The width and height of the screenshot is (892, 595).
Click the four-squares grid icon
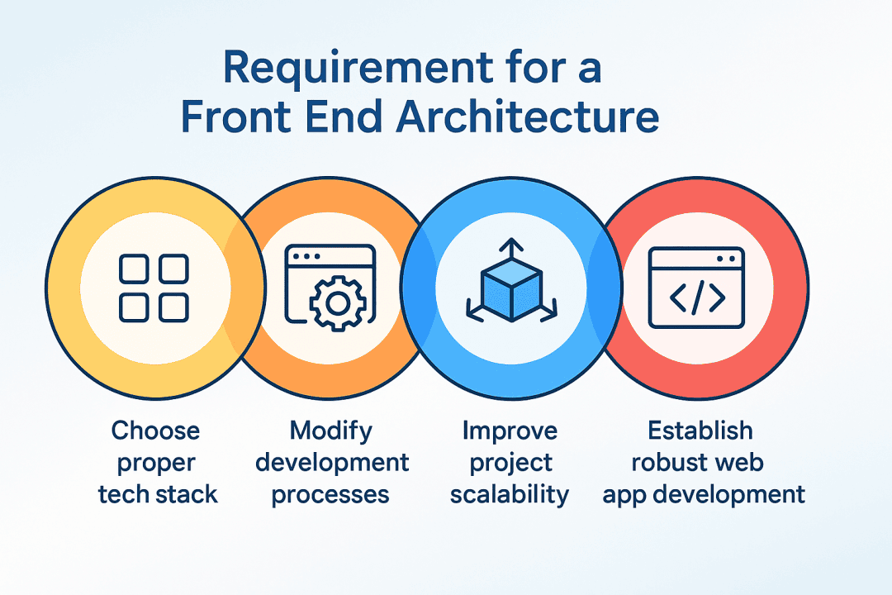pyautogui.click(x=154, y=288)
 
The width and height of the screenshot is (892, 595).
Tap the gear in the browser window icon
pyautogui.click(x=336, y=303)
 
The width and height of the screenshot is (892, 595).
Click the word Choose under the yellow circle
pyautogui.click(x=156, y=431)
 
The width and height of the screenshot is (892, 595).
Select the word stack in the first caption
pyautogui.click(x=190, y=494)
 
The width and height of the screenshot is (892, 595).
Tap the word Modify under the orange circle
pyautogui.click(x=331, y=431)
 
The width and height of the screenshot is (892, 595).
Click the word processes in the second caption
pyautogui.click(x=331, y=494)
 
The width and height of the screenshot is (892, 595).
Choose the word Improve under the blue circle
pyautogui.click(x=510, y=431)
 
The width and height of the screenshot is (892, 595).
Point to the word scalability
pyautogui.click(x=510, y=494)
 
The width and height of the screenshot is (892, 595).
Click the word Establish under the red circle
pyautogui.click(x=700, y=431)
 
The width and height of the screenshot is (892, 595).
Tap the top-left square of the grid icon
pyautogui.click(x=134, y=269)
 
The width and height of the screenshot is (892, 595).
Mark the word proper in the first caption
pyautogui.click(x=156, y=462)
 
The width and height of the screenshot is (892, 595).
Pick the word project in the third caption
pyautogui.click(x=510, y=462)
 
